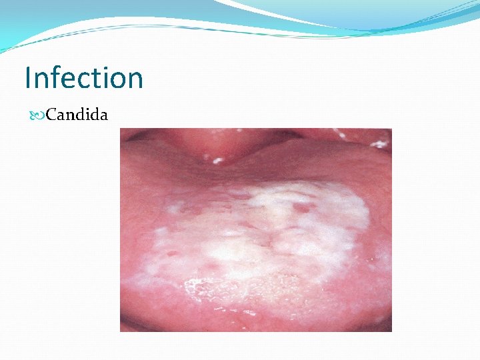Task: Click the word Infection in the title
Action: (84, 78)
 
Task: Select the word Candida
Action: (77, 115)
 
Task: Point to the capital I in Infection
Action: (28, 78)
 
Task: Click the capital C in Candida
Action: (51, 115)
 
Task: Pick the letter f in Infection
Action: (58, 77)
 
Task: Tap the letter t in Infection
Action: (100, 79)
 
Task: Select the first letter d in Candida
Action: (81, 115)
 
